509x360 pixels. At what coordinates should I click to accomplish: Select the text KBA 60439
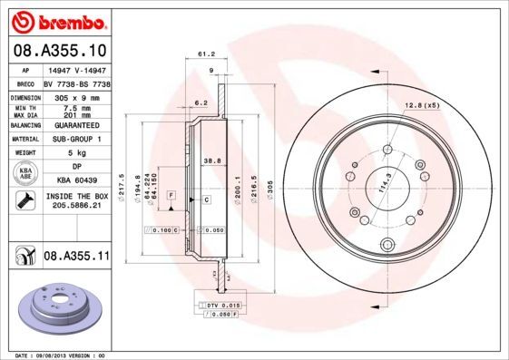click(76, 180)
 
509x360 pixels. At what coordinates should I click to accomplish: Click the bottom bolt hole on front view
click(388, 242)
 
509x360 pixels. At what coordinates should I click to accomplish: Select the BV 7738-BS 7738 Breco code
click(78, 82)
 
